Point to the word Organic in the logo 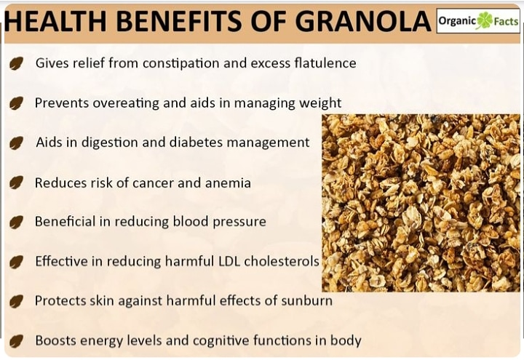click(457, 22)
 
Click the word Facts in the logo click(506, 22)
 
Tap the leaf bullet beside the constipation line click(15, 64)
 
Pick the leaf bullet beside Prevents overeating click(15, 104)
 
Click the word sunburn click(308, 300)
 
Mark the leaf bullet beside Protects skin click(15, 301)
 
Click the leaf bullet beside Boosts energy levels click(15, 340)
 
